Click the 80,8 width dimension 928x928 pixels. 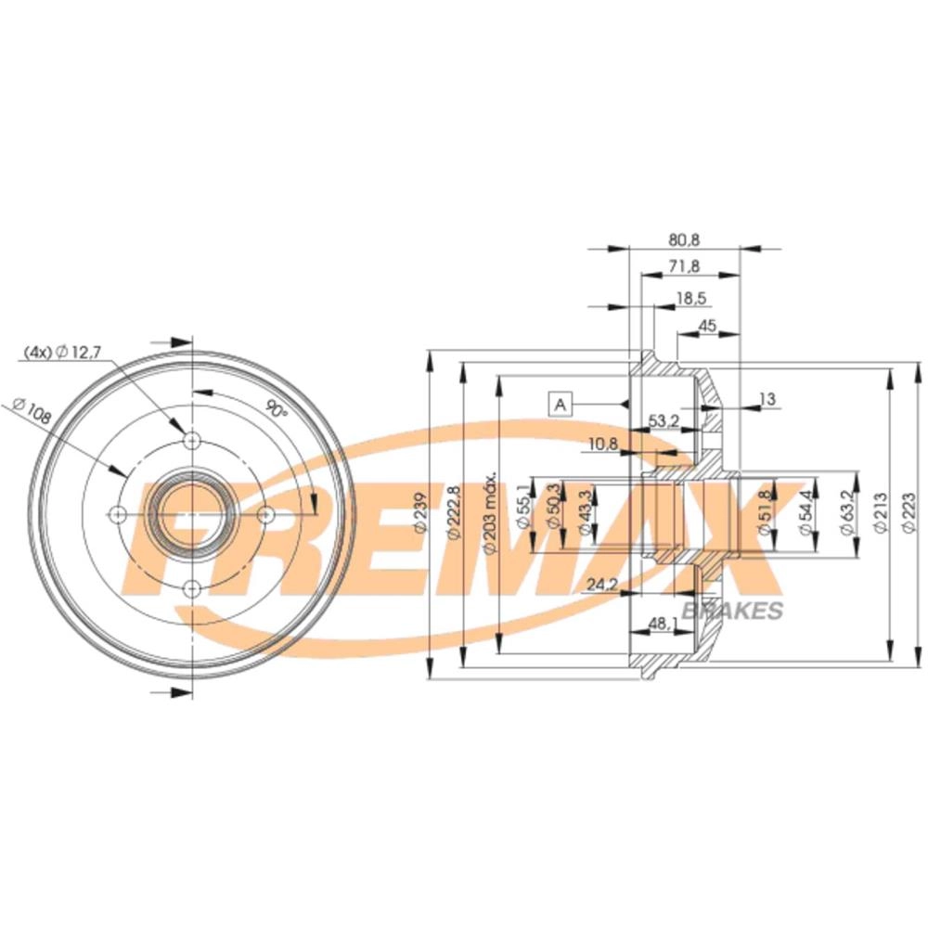click(684, 239)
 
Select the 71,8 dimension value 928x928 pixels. click(684, 266)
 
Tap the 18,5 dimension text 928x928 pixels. click(692, 298)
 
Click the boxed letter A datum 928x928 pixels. click(560, 406)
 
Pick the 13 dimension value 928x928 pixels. click(767, 399)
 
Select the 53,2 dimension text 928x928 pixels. click(664, 420)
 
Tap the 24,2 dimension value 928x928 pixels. click(602, 585)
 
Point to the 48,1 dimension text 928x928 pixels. click(663, 623)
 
